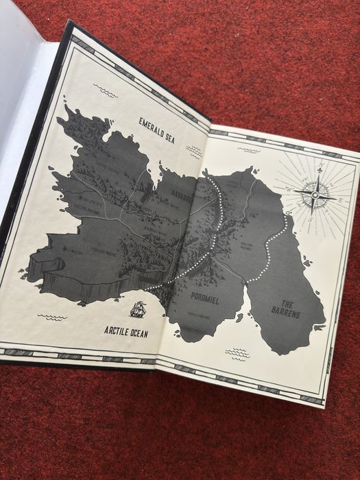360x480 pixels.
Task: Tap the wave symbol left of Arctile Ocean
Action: [x=53, y=317]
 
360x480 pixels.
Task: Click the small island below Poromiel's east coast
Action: [x=239, y=317]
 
